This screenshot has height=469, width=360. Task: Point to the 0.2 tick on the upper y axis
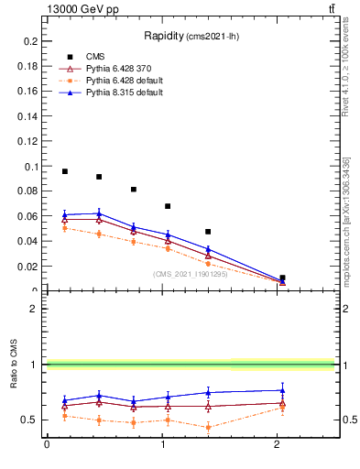click(31, 42)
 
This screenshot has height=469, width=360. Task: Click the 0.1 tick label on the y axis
click(31, 167)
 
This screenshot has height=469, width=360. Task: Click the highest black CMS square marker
click(64, 171)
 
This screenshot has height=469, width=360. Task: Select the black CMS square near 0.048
click(208, 232)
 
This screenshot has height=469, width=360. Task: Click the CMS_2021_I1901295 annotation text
click(191, 273)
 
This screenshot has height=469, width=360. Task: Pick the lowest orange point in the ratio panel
click(208, 427)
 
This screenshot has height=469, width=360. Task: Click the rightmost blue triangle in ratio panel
click(282, 390)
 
